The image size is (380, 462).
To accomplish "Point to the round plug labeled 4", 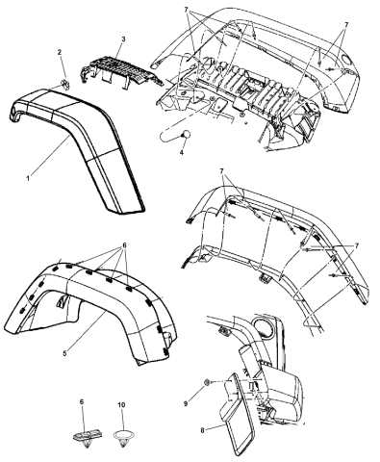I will (x=179, y=134).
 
